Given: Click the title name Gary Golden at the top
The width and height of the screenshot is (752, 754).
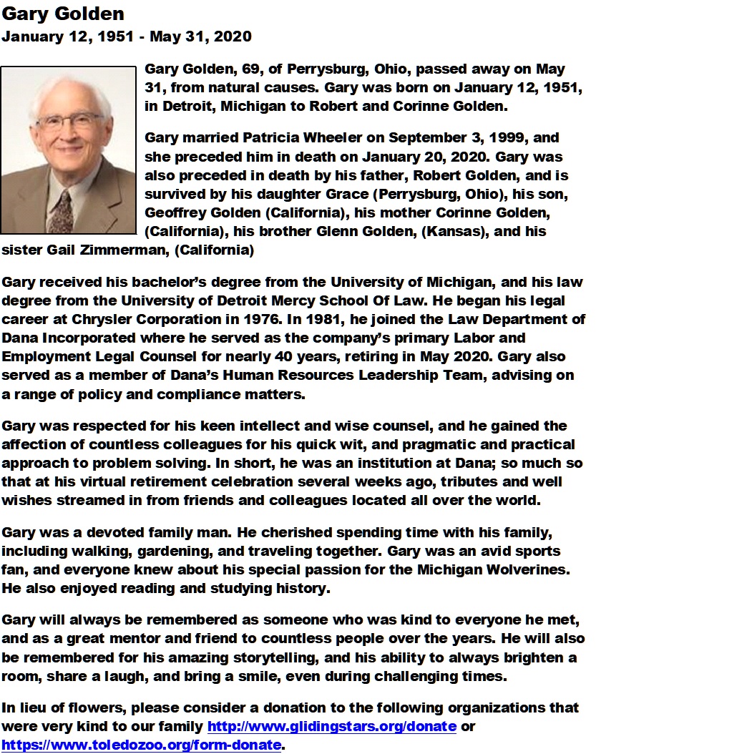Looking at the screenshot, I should pos(63,14).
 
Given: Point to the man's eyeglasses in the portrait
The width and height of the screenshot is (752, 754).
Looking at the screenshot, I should pos(69,119).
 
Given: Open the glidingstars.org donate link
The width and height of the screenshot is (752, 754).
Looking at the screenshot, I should pos(331,727).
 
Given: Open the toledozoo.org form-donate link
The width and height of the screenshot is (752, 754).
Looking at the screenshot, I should pos(141,745).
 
